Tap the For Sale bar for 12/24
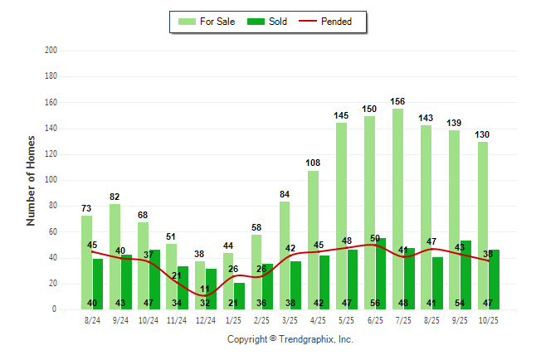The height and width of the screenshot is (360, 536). (x=200, y=285)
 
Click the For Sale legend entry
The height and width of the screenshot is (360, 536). (x=207, y=22)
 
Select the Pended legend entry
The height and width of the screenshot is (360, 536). (x=334, y=22)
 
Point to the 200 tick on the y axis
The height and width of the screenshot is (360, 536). (x=51, y=51)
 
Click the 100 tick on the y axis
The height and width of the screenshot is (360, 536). (x=51, y=180)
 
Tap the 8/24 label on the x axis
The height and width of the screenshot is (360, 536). (x=92, y=320)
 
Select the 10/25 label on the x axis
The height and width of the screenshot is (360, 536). (x=488, y=320)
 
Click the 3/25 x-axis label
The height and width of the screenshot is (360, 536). (x=290, y=320)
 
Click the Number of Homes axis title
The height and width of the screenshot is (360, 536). (x=31, y=180)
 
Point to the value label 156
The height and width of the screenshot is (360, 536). (x=398, y=102)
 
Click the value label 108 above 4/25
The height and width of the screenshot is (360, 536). (x=313, y=163)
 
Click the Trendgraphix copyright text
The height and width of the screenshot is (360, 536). (x=290, y=339)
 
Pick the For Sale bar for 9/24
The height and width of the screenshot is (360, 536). (x=115, y=256)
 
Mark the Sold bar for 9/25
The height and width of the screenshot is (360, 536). (x=466, y=275)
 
